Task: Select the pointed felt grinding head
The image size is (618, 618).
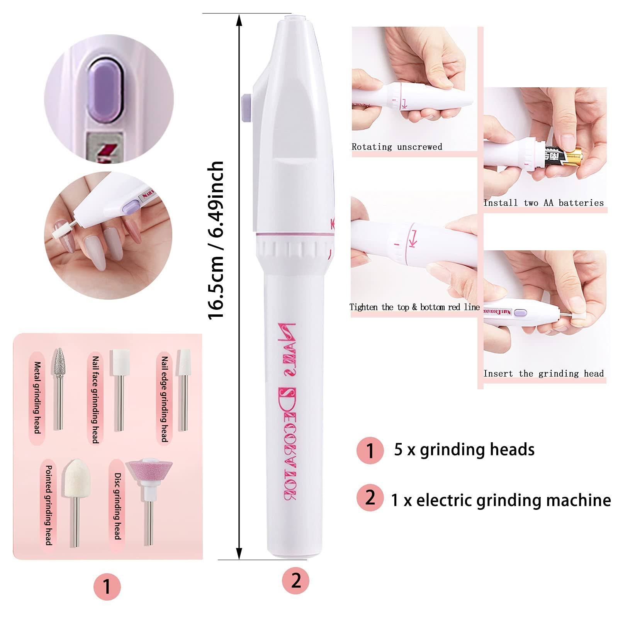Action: coord(75,503)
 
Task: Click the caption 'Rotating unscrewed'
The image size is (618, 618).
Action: coord(397,146)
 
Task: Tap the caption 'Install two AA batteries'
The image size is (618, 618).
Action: coord(543,203)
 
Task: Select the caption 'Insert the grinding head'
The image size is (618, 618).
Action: coord(543,374)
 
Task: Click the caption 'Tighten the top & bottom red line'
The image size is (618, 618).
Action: coord(415,307)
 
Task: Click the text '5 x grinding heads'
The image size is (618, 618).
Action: coord(464,450)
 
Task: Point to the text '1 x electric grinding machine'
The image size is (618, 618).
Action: coord(501,500)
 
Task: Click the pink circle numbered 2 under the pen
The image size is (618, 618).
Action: coord(296,581)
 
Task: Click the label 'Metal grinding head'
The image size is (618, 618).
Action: coord(37,397)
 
